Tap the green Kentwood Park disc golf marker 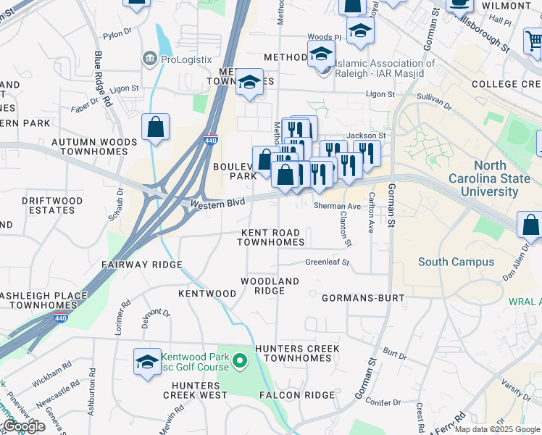tap(241, 359)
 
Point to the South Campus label tap(456, 262)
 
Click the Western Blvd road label tap(218, 204)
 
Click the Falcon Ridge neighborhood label tap(297, 395)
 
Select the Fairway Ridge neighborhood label tap(141, 265)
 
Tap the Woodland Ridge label tap(270, 286)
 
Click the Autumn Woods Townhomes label tap(99, 147)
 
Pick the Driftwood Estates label tap(48, 205)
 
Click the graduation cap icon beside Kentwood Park tap(147, 362)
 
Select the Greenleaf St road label tap(327, 262)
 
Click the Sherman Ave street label tap(337, 207)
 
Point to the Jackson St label tap(366, 136)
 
